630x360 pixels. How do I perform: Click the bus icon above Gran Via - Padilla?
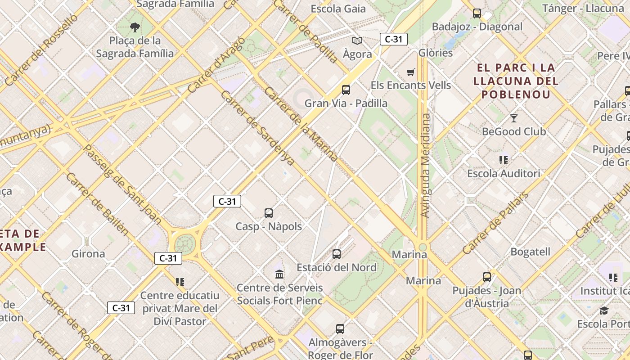point(346,90)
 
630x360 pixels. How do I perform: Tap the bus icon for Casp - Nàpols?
point(269,213)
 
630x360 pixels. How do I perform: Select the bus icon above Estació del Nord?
point(337,254)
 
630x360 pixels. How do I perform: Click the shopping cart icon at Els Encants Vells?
point(410,72)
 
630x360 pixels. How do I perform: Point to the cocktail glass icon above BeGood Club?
point(514,118)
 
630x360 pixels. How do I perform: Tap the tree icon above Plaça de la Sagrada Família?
point(135,28)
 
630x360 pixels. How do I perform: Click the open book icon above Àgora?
point(357,41)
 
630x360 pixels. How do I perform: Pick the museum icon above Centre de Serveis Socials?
point(279,274)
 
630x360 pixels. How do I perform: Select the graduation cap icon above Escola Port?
point(604,311)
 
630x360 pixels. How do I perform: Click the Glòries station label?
point(436,53)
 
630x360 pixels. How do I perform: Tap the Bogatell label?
point(530,252)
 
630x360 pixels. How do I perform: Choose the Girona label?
point(88,254)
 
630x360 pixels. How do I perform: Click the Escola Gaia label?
point(338,9)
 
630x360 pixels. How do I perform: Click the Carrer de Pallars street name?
point(495,223)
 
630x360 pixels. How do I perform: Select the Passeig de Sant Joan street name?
point(122,184)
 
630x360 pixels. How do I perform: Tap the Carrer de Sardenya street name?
point(257,128)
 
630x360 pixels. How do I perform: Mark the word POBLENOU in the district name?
point(516,94)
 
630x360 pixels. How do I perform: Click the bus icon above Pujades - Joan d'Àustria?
point(487,277)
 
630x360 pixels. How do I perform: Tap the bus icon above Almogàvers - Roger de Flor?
point(340,329)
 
